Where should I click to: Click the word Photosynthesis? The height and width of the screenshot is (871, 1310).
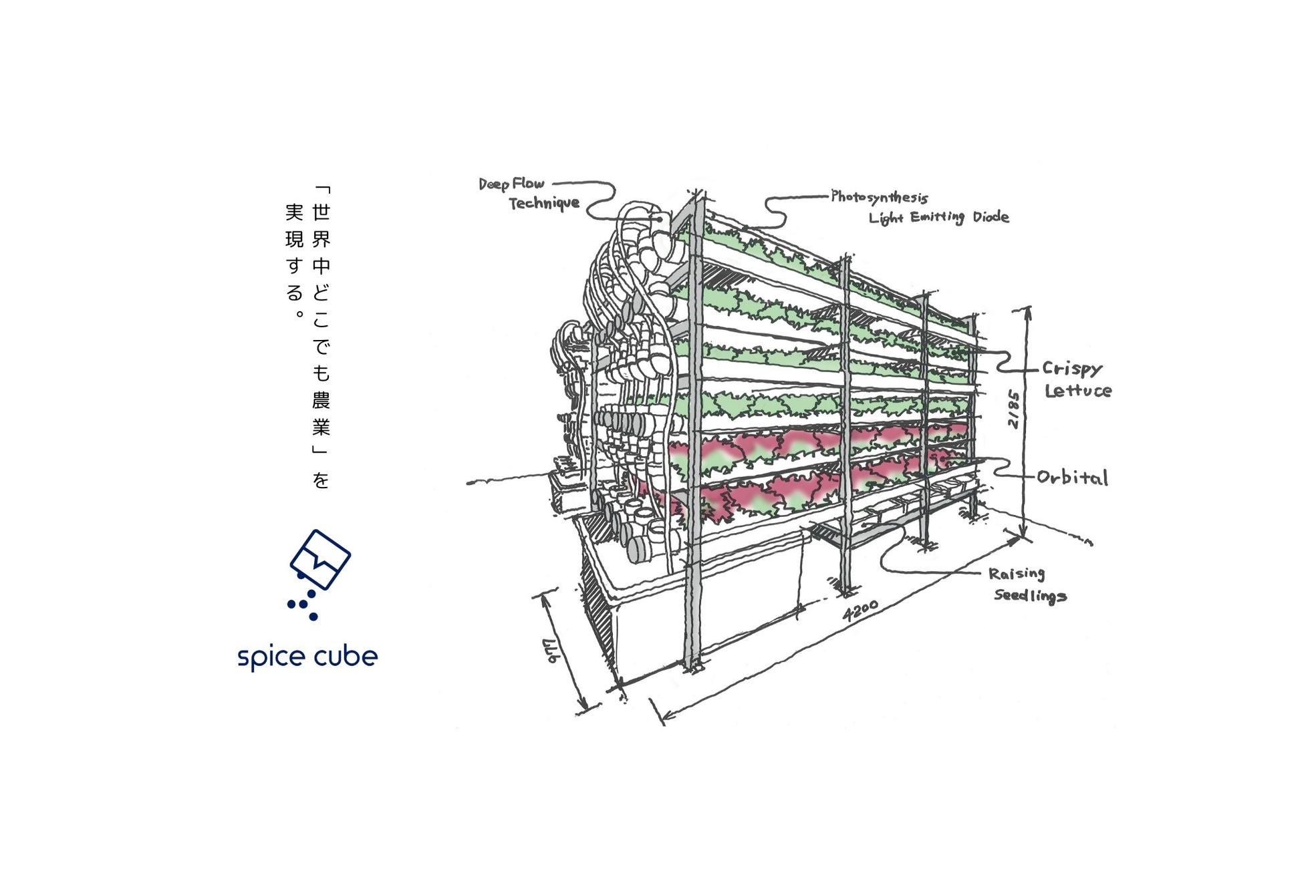[880, 197]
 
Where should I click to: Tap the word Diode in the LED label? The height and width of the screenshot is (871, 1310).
[991, 216]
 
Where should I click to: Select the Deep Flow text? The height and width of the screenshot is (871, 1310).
[511, 184]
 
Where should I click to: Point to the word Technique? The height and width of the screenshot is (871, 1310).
[544, 202]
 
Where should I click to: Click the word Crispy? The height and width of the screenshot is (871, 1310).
[1072, 369]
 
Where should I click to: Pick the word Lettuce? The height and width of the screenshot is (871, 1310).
[1078, 391]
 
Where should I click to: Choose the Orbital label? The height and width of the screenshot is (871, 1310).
[1072, 477]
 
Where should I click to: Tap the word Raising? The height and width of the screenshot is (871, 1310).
[1017, 574]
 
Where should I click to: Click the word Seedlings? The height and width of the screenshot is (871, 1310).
[1030, 595]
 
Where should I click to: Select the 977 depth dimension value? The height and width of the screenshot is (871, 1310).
[552, 652]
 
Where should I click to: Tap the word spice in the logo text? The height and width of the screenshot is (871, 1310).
[269, 657]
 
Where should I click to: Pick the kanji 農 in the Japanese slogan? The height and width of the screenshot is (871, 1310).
[321, 400]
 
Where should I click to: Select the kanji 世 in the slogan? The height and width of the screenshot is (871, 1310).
[321, 212]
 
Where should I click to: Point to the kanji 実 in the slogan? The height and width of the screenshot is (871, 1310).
[294, 212]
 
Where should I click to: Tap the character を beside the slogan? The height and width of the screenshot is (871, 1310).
[321, 480]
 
